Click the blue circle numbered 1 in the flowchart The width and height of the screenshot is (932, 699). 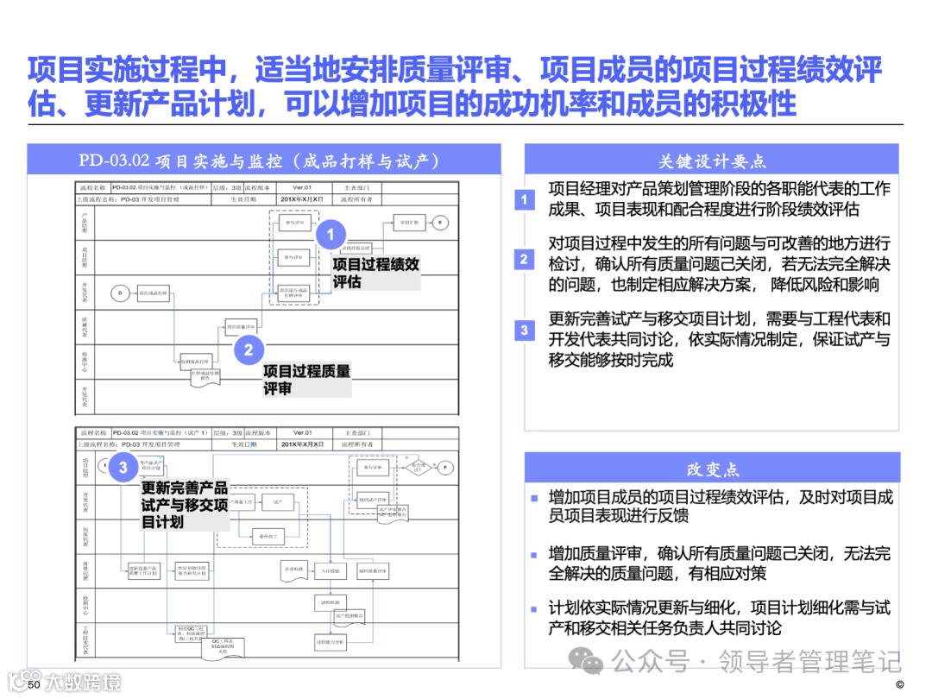point(331,235)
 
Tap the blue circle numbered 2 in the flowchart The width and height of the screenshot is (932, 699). point(249,349)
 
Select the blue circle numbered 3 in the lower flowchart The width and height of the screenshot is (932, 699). point(123,467)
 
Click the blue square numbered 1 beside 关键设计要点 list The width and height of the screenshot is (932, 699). point(524,200)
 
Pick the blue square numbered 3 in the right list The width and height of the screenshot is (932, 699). point(524,330)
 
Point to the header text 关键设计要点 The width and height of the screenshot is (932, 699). point(712,161)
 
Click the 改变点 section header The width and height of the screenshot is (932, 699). point(712,469)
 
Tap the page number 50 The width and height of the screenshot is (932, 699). point(35,684)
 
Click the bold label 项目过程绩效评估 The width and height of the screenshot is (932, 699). point(375,273)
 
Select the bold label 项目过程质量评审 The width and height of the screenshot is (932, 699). point(306,380)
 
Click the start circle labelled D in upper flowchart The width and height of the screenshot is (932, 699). point(120,293)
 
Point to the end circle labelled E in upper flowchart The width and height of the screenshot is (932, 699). point(440,223)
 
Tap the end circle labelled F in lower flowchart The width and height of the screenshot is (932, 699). point(445,467)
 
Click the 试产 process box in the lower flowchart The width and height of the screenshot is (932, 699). point(278,501)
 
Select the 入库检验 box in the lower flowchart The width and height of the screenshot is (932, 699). point(331,570)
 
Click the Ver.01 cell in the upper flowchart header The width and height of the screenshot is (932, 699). point(302,187)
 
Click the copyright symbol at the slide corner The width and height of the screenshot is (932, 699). point(899,685)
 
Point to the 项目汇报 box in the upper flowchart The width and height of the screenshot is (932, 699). point(409,223)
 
